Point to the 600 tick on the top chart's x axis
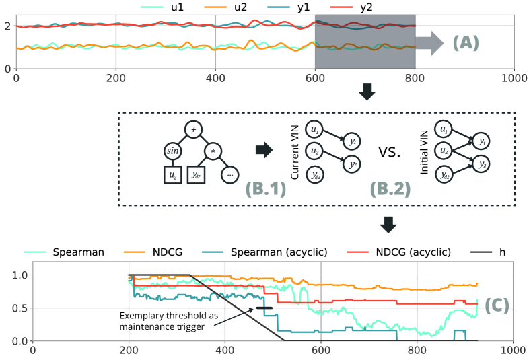click(x=315, y=78)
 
